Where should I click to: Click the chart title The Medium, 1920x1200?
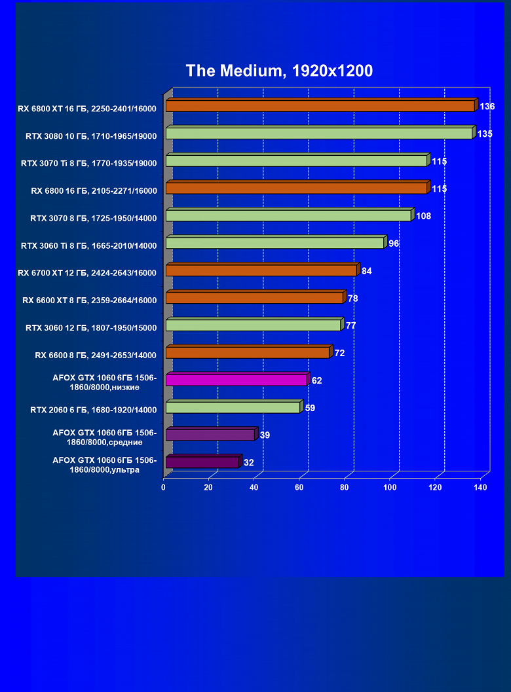[279, 71]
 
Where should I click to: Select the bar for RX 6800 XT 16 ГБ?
[320, 106]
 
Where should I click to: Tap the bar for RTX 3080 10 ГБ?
[319, 134]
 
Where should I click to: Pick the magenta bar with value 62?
[236, 380]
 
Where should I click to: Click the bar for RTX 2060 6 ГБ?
[233, 407]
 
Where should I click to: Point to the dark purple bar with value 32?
[202, 462]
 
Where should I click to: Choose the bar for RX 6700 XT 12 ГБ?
[261, 270]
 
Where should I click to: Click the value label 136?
[487, 106]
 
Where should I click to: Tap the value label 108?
[423, 216]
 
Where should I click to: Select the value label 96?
[394, 244]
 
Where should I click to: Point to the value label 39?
[265, 435]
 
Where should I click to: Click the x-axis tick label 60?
[300, 488]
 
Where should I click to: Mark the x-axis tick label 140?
[481, 488]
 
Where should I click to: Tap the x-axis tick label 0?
[164, 488]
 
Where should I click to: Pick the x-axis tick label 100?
[390, 488]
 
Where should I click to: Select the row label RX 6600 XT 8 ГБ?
[89, 300]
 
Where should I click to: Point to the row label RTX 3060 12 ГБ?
[91, 328]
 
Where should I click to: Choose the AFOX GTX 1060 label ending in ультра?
[105, 465]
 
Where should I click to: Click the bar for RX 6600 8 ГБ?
[247, 353]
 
